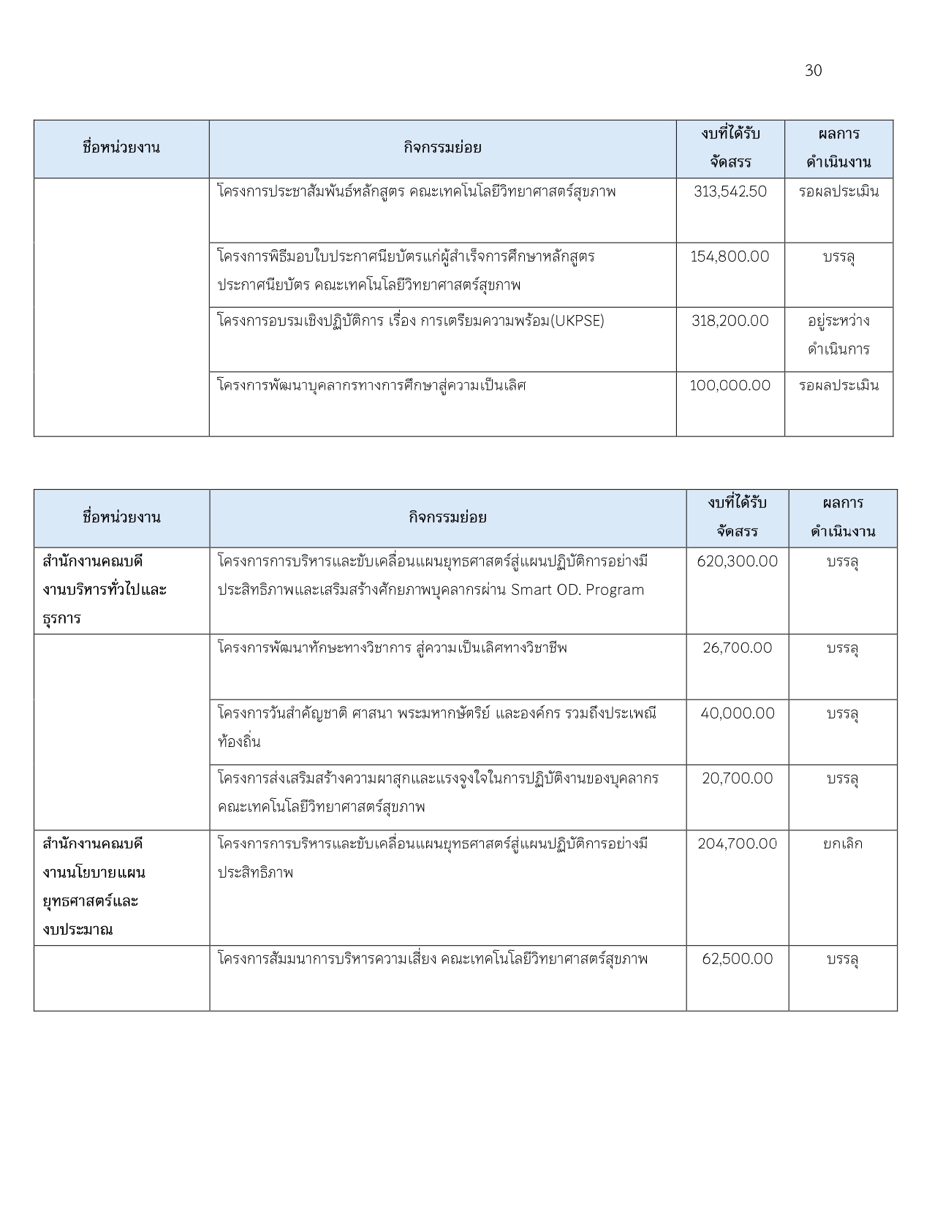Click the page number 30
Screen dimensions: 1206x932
click(x=813, y=71)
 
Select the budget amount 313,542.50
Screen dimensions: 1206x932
click(x=730, y=192)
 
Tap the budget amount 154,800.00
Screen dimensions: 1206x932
click(x=730, y=257)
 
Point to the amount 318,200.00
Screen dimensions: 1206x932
click(x=730, y=321)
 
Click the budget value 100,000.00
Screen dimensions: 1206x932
click(x=730, y=386)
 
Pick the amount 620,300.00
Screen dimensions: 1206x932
click(x=737, y=561)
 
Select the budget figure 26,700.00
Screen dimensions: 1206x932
click(x=737, y=648)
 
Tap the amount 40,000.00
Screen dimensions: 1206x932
click(x=737, y=713)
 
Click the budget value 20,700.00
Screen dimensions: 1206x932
click(x=737, y=778)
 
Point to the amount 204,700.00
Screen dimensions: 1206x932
click(x=737, y=843)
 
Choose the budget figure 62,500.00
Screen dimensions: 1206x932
click(x=737, y=959)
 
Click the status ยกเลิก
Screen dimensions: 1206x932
click(x=842, y=843)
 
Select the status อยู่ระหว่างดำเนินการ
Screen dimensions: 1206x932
click(x=838, y=335)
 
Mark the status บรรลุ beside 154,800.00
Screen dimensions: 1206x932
click(x=838, y=257)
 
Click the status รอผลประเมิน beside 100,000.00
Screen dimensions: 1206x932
click(x=838, y=386)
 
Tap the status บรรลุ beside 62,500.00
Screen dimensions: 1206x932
click(x=842, y=960)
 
